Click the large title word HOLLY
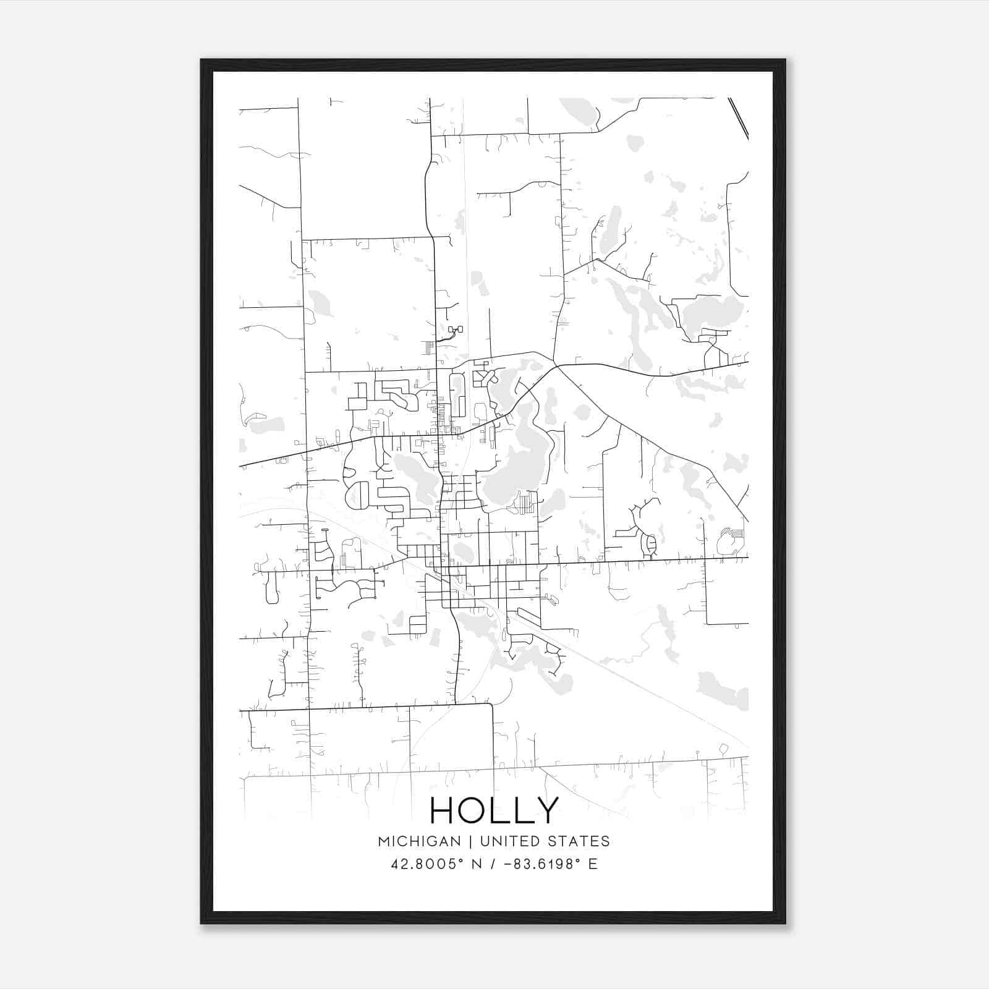point(494,810)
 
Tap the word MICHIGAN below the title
point(419,841)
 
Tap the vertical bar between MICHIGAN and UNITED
point(470,841)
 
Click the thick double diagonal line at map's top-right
point(739,117)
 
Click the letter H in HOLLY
point(443,810)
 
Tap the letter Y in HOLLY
point(547,810)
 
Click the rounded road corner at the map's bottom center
point(490,705)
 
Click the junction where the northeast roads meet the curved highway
point(556,365)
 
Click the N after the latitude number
point(477,864)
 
